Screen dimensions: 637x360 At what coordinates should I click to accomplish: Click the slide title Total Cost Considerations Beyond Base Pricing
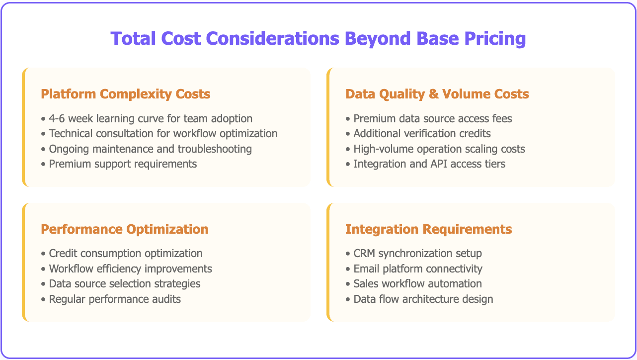point(318,38)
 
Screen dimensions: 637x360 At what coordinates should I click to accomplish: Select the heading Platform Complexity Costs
point(125,94)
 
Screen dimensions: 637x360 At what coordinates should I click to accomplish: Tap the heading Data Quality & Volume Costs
point(437,94)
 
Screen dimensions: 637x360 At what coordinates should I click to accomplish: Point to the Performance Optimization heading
point(125,229)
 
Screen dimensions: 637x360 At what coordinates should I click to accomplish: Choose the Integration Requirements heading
point(428,229)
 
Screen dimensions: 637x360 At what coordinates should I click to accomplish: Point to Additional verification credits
point(422,134)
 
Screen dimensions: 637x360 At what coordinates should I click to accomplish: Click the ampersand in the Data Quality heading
point(434,94)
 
